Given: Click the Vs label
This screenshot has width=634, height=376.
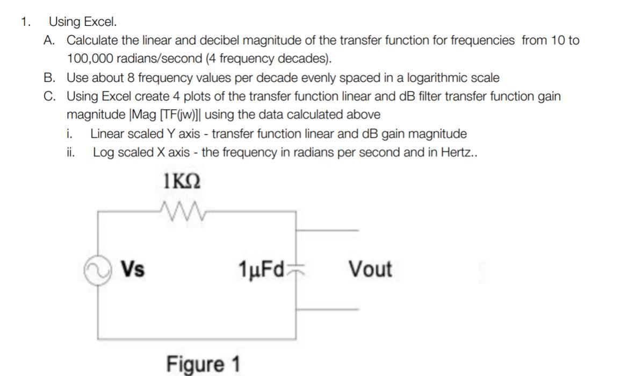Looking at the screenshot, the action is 132,268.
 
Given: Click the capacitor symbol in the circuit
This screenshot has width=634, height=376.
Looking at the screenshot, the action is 296,268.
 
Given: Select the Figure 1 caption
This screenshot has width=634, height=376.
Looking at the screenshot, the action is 203,364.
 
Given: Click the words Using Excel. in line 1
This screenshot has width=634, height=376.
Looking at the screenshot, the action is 82,22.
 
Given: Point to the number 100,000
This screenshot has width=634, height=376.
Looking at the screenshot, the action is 89,59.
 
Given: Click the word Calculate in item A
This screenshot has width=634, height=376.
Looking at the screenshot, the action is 92,40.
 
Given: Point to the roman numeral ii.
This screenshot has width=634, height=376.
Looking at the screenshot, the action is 70,152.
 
